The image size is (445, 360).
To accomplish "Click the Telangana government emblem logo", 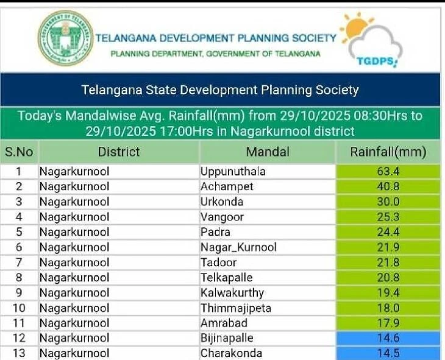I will [x=65, y=38].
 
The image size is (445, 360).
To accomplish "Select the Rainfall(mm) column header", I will [x=388, y=152].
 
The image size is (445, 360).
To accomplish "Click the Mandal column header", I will [x=268, y=152].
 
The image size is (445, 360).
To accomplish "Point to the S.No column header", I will [x=19, y=152].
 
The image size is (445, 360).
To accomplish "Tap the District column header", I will [x=119, y=152].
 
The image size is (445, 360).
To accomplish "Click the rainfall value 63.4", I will [x=388, y=171].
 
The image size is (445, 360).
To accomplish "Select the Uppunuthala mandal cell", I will [x=233, y=171].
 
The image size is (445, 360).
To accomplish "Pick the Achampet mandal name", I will [x=227, y=186].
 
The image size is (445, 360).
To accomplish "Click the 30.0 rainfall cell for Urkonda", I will [x=388, y=202].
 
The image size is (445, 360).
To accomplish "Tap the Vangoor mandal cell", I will [x=222, y=217].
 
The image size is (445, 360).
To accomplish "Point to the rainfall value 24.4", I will [x=388, y=232].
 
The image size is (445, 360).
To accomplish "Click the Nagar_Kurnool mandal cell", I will [x=238, y=247].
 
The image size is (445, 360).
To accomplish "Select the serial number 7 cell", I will [x=19, y=262].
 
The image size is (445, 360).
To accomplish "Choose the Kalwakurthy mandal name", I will [x=232, y=292].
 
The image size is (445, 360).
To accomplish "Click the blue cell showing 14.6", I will [x=388, y=338].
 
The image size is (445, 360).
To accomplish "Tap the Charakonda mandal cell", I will [x=231, y=353].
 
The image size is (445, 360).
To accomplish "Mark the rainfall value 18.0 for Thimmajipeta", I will [x=388, y=308].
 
